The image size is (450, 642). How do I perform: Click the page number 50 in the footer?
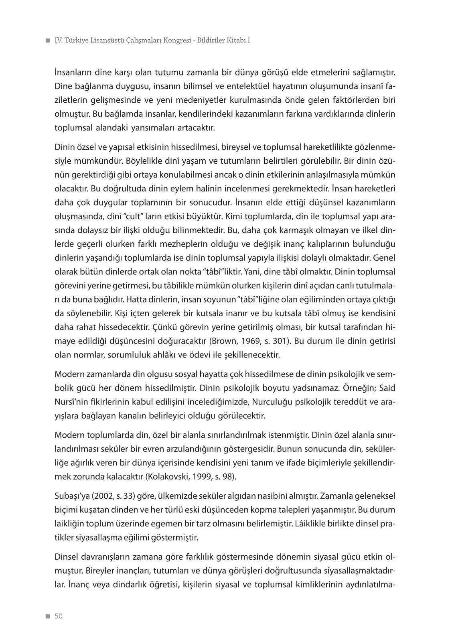pyautogui.click(x=59, y=616)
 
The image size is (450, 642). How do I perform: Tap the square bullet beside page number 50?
pyautogui.click(x=47, y=617)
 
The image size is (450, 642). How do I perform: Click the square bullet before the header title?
pyautogui.click(x=47, y=41)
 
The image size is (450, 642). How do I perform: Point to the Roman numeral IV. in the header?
pyautogui.click(x=59, y=41)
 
